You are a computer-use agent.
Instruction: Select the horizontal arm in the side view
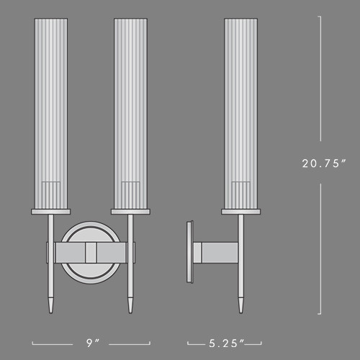(216, 253)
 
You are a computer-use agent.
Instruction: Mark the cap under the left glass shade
(52, 211)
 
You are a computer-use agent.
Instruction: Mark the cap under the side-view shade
(241, 211)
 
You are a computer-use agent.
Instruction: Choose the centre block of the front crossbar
(90, 253)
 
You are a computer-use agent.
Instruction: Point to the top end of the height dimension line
(320, 17)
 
